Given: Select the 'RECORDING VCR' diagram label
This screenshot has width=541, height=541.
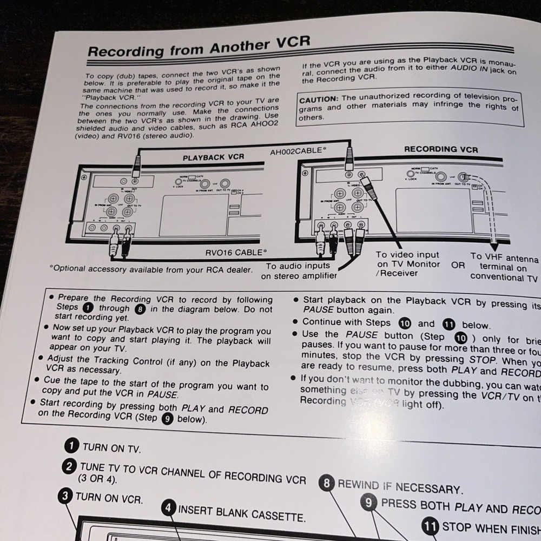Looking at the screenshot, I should [x=441, y=149].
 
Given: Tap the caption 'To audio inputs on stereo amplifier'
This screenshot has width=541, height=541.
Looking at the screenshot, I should [x=299, y=270].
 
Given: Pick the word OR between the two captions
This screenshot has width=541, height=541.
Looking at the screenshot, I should [x=458, y=265].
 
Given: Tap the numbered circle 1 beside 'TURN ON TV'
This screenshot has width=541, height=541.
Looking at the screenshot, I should [x=70, y=446].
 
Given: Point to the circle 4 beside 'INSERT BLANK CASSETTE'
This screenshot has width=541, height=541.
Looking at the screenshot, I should [x=168, y=508].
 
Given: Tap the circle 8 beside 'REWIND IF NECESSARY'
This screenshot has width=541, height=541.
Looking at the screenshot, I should [x=326, y=483].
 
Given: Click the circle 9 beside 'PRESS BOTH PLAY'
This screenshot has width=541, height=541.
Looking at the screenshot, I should [x=369, y=503].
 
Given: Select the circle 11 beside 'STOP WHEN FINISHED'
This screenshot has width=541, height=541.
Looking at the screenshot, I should [x=431, y=525].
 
